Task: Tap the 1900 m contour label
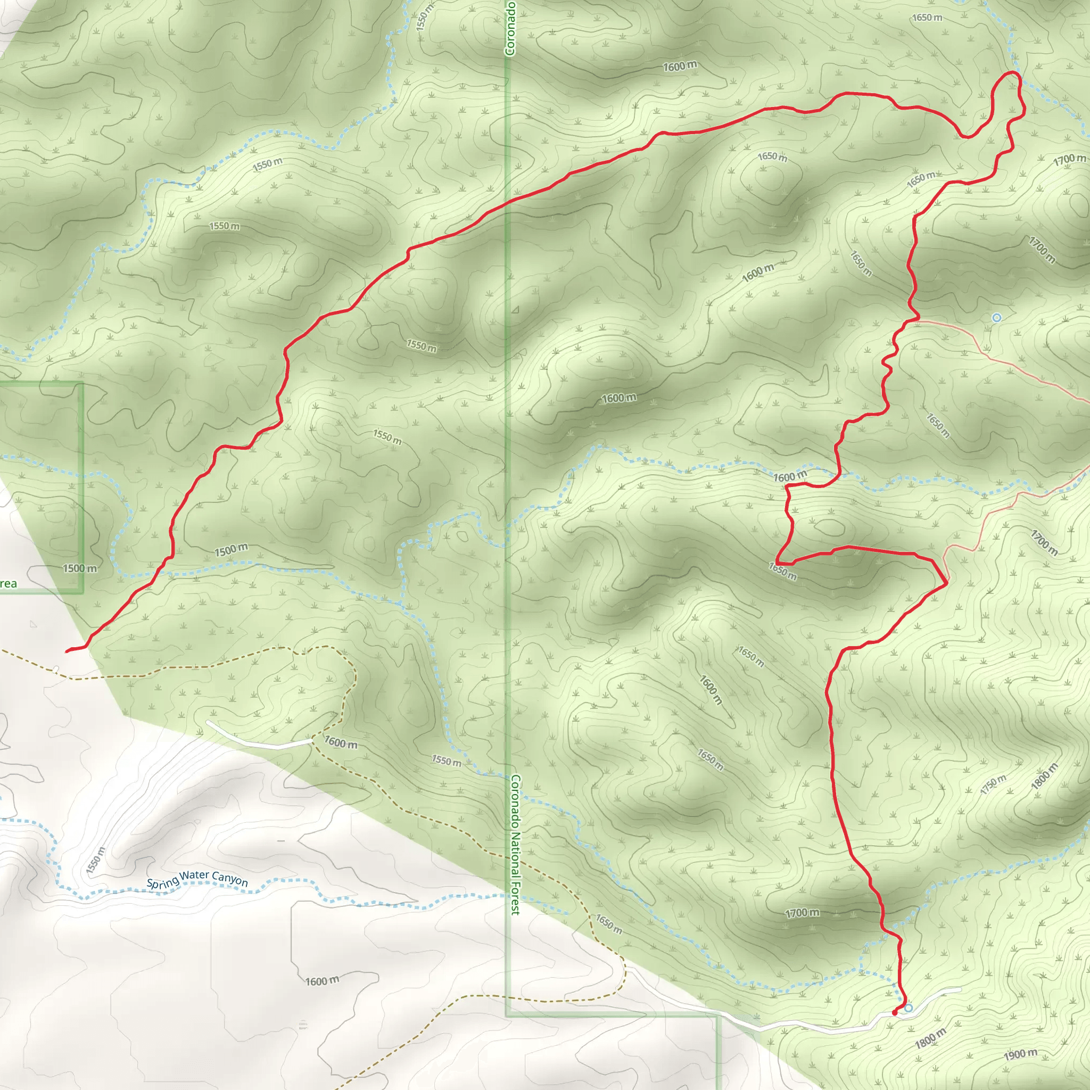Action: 1020,1054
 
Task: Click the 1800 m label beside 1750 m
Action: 1044,780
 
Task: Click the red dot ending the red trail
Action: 895,1013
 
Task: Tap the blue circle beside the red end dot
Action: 909,1008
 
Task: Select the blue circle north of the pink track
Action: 996,318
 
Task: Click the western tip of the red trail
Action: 67,651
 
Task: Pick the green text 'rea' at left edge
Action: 8,584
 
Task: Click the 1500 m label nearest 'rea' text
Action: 79,568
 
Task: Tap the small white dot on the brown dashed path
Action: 56,669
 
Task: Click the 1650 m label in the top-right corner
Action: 927,18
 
